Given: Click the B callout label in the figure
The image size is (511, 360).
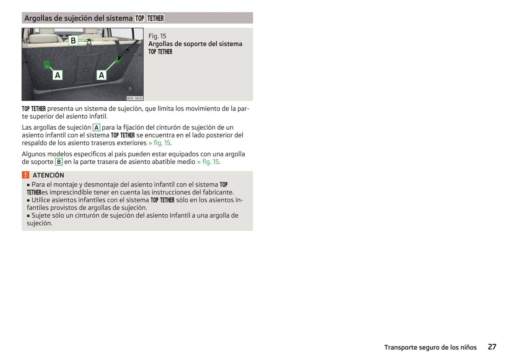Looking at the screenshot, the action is click(x=73, y=41).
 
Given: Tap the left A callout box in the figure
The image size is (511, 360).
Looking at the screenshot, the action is click(x=58, y=75).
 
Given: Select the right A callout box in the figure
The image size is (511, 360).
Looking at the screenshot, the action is click(x=101, y=75).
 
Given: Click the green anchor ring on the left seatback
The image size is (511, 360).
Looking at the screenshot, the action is click(x=47, y=65).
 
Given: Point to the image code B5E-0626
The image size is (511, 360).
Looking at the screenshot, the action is click(x=135, y=99).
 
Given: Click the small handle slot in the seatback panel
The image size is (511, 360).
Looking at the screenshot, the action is click(x=86, y=71).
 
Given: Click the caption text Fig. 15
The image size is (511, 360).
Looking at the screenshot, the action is click(x=157, y=36).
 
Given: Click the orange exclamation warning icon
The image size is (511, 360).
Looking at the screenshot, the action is click(x=25, y=175).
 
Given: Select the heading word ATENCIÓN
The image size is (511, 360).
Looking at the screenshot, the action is click(x=48, y=175).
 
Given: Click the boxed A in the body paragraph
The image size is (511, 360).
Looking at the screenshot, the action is click(x=97, y=128).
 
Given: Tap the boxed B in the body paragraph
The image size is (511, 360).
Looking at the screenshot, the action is click(x=59, y=162).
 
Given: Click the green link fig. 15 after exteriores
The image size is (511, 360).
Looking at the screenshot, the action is click(x=159, y=143).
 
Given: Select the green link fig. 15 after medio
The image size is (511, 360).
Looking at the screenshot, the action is click(x=208, y=162).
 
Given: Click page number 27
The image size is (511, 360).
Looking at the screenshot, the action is click(x=492, y=347).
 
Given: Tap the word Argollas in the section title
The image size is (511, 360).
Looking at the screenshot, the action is click(x=38, y=18).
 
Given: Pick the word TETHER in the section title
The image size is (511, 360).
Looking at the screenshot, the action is click(x=156, y=18).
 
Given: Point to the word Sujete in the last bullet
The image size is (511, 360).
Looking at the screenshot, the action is click(x=40, y=216).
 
